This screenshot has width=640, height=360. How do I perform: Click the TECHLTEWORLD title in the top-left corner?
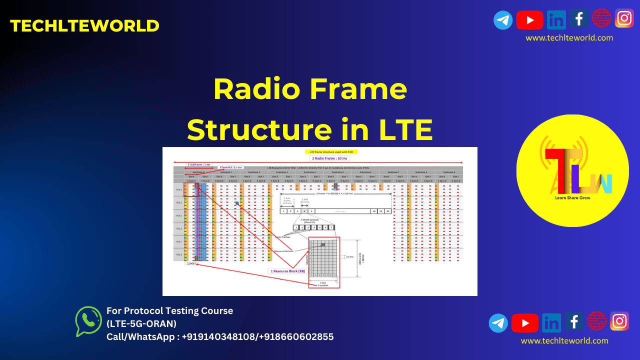[84, 26]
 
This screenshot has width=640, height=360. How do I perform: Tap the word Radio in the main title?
[254, 89]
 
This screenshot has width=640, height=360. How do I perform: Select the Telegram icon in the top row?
[503, 20]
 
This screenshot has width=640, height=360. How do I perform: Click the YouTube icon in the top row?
[529, 20]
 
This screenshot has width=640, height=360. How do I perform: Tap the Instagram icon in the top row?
[624, 18]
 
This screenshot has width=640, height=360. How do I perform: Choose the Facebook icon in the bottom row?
[574, 321]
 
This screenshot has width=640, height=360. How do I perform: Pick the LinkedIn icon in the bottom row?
[551, 322]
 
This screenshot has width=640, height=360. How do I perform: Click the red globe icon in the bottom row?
[597, 320]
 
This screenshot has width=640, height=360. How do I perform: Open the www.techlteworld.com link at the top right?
[569, 38]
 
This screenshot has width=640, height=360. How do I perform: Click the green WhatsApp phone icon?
[88, 321]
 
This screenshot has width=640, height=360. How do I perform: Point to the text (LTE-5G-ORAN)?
[141, 323]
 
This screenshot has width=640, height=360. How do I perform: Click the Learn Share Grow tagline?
[572, 198]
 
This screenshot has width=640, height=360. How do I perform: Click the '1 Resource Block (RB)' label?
[287, 271]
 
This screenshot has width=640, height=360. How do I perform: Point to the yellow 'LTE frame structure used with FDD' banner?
[331, 151]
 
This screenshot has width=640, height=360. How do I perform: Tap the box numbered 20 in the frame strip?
[387, 211]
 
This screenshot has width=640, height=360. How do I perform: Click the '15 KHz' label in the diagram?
[350, 256]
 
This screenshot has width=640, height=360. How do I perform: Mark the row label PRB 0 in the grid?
[178, 254]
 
